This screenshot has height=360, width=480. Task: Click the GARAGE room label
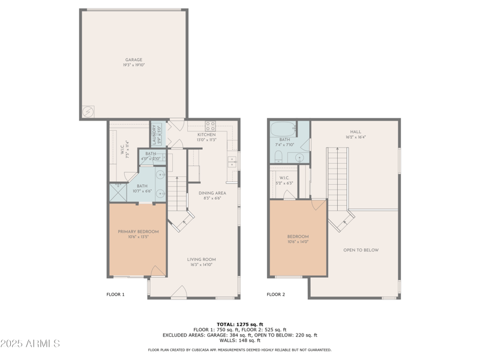pyautogui.click(x=134, y=60)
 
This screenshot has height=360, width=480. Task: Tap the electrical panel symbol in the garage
pyautogui.click(x=88, y=112)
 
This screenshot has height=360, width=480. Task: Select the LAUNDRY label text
pyautogui.click(x=154, y=136)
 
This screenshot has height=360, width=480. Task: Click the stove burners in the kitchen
pyautogui.click(x=211, y=126)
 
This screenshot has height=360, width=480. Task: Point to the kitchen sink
pyautogui.click(x=232, y=161)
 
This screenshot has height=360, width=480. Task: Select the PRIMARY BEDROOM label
pyautogui.click(x=138, y=232)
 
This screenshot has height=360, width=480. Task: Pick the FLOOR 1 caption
pyautogui.click(x=115, y=295)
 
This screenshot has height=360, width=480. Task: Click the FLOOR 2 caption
pyautogui.click(x=276, y=295)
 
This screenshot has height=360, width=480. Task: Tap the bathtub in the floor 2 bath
pyautogui.click(x=283, y=128)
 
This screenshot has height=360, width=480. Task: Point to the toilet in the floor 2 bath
pyautogui.click(x=278, y=157)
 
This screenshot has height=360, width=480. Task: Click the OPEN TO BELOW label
pyautogui.click(x=361, y=250)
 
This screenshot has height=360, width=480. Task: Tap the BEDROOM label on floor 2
pyautogui.click(x=298, y=237)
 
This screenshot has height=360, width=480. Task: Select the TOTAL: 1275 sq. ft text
pyautogui.click(x=239, y=325)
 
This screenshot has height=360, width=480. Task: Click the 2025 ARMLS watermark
pyautogui.click(x=30, y=344)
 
